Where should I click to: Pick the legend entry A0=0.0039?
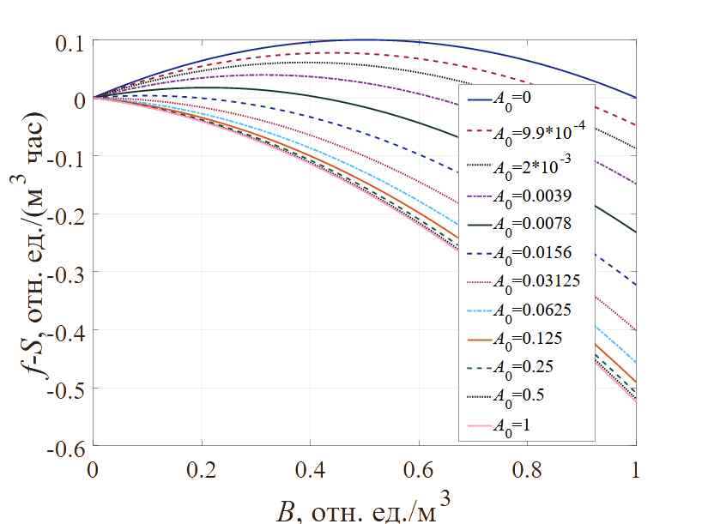click(524, 196)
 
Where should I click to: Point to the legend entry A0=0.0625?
click(524, 310)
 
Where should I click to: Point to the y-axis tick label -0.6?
click(70, 448)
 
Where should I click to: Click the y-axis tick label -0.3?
click(70, 273)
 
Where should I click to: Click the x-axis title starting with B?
click(366, 502)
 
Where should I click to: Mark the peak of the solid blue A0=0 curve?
click(365, 39)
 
